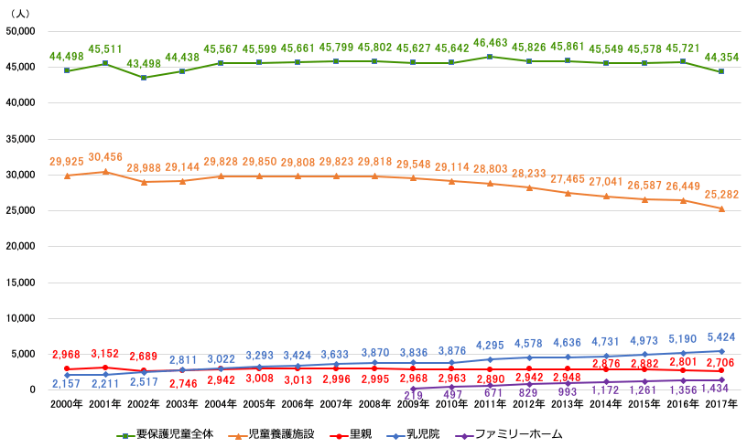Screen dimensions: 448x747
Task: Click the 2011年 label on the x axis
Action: click(x=491, y=403)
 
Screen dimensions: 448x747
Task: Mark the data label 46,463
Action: click(x=491, y=43)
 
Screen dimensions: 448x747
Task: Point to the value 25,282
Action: click(x=722, y=195)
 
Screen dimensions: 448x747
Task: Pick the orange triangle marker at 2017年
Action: click(x=722, y=208)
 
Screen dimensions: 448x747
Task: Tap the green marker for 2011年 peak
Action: click(x=491, y=57)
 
